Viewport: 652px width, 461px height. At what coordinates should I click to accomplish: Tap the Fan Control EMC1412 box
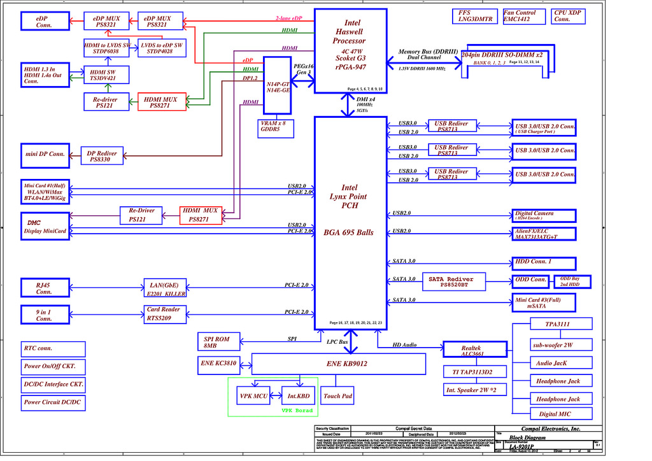tap(520, 16)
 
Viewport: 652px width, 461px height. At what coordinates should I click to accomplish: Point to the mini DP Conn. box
tap(45, 154)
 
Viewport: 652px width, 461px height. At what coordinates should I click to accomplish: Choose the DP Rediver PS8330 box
tap(102, 156)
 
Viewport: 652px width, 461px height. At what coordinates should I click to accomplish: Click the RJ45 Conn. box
tap(44, 288)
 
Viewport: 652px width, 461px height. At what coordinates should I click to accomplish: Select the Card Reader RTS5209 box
tap(163, 313)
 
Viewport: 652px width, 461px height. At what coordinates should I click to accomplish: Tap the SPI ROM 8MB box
tap(217, 342)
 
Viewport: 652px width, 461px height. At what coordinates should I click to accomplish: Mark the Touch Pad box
tap(337, 396)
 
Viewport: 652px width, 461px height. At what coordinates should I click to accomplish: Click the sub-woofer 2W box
tap(553, 344)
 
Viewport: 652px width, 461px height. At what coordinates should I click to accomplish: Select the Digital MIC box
tap(552, 414)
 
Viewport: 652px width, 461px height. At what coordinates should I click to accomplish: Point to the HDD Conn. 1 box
tap(544, 262)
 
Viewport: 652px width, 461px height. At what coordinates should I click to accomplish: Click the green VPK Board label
tap(297, 411)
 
